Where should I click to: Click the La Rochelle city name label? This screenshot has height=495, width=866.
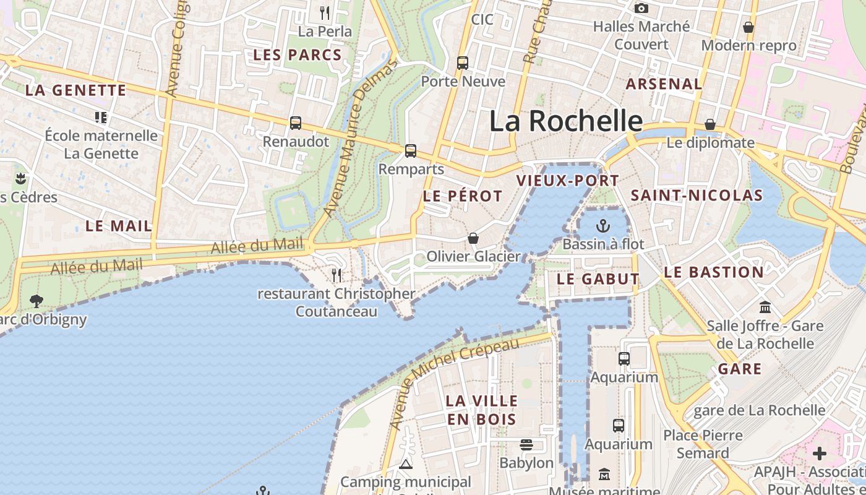(x=566, y=121)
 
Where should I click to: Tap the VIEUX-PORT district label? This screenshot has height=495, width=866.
(x=567, y=181)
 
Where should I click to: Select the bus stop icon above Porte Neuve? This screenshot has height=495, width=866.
(x=463, y=62)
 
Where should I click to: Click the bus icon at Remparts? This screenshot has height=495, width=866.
(x=411, y=150)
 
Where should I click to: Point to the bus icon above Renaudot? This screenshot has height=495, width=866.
(x=296, y=123)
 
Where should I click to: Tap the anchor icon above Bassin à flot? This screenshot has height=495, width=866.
(x=603, y=226)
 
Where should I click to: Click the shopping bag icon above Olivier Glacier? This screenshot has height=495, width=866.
(x=473, y=238)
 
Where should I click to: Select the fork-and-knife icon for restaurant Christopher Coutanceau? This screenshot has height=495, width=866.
(x=337, y=275)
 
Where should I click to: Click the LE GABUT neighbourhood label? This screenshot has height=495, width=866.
(x=598, y=279)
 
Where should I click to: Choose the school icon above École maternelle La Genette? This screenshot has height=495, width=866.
(x=101, y=117)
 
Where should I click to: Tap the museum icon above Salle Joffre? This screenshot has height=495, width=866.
(x=765, y=308)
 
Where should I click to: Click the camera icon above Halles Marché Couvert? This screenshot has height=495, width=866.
(x=641, y=8)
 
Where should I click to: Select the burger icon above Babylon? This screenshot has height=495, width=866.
(x=526, y=444)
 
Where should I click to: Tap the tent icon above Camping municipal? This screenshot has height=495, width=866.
(x=406, y=464)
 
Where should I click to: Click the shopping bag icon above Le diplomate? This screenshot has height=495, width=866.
(x=710, y=125)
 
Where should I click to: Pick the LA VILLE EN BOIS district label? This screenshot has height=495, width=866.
(x=481, y=410)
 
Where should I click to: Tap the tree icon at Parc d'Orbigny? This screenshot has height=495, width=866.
(x=36, y=301)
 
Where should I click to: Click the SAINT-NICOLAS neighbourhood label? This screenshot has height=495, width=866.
(x=697, y=196)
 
